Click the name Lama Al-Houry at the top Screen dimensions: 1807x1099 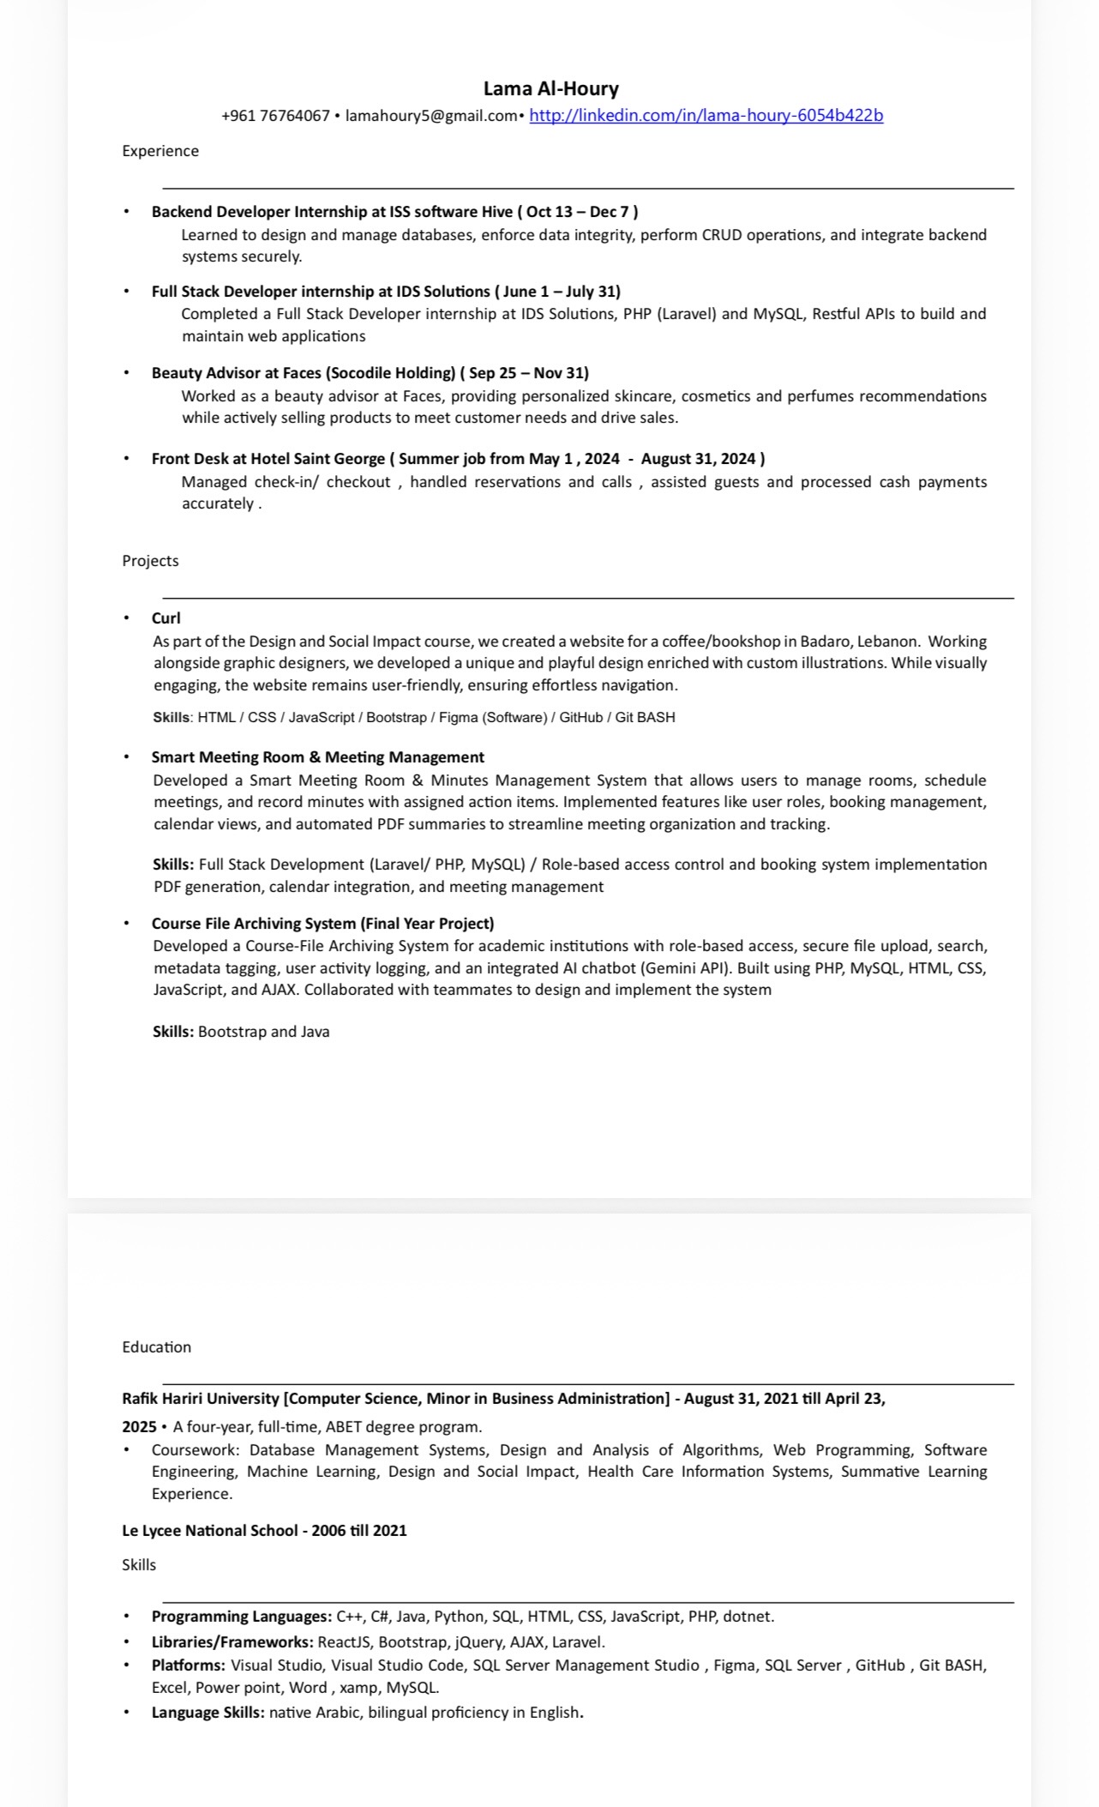tap(550, 88)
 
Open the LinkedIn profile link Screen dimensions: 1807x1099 tap(706, 116)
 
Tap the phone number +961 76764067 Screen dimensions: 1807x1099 tap(275, 116)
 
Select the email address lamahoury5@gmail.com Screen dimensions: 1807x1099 tap(431, 116)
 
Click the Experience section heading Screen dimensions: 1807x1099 tap(160, 151)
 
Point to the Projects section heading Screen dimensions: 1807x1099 tap(150, 561)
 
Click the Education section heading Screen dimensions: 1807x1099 tap(156, 1347)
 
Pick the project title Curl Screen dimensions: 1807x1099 tap(166, 618)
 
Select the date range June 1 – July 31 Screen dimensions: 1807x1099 tap(557, 292)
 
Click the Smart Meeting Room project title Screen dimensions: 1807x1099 tap(317, 757)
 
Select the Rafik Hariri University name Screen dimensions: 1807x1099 tap(201, 1399)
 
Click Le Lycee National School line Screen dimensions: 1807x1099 tap(264, 1531)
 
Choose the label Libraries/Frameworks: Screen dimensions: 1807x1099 tap(232, 1642)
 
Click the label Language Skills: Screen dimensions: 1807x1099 tap(208, 1713)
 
